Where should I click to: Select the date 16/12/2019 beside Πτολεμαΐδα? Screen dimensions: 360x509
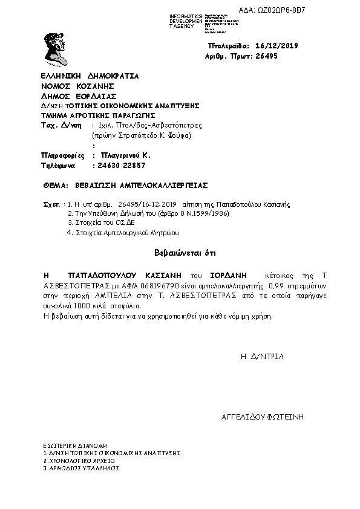pyautogui.click(x=277, y=46)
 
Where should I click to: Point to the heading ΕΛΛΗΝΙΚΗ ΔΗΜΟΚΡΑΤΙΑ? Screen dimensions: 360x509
pyautogui.click(x=90, y=76)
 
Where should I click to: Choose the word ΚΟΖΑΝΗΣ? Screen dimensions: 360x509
pyautogui.click(x=95, y=86)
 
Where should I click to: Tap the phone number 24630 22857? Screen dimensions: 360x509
pyautogui.click(x=119, y=165)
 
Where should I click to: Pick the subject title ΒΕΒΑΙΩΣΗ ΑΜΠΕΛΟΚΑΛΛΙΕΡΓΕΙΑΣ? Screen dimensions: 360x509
pyautogui.click(x=140, y=185)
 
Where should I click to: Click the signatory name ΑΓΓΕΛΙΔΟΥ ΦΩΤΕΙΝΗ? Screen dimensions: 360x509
pyautogui.click(x=263, y=417)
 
